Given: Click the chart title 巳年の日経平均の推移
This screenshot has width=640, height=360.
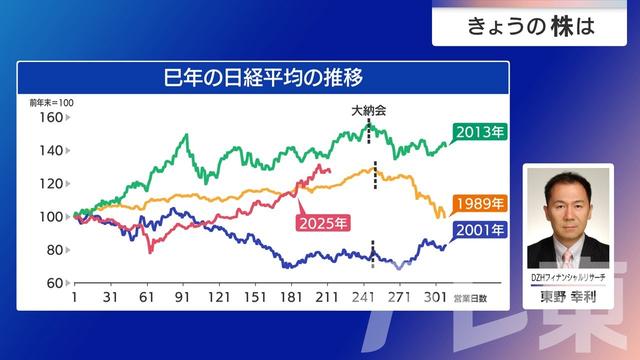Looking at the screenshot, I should click(264, 77).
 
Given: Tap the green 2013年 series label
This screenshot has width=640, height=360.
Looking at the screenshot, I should click(478, 131).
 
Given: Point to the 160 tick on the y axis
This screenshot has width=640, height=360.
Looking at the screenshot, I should click(49, 117).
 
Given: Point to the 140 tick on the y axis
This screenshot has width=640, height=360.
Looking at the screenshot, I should click(49, 150).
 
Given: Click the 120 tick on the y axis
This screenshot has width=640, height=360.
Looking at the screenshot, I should click(49, 183).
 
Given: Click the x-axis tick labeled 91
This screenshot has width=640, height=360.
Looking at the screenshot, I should click(183, 298).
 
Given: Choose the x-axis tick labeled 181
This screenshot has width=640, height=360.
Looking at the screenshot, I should click(291, 298).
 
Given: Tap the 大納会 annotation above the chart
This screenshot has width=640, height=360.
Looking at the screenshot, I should click(369, 112).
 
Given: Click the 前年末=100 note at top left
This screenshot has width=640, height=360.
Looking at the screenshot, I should click(51, 102).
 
